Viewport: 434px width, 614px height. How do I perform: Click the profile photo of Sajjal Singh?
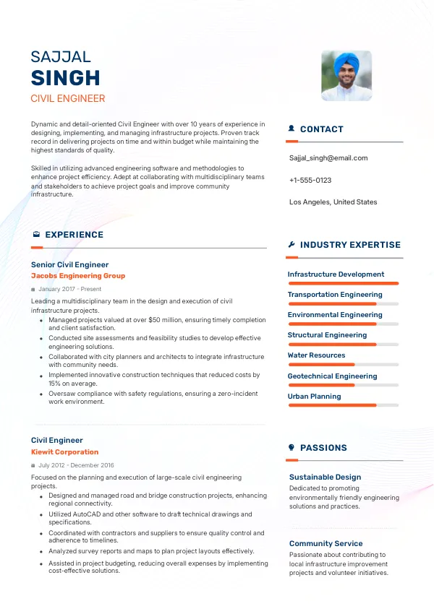pyautogui.click(x=346, y=76)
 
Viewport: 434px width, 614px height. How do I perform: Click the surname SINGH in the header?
pyautogui.click(x=66, y=78)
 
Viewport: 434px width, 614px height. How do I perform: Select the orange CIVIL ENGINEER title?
pyautogui.click(x=68, y=99)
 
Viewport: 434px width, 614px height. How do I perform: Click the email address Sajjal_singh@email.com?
pyautogui.click(x=328, y=158)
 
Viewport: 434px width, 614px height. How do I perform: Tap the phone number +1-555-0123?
pyautogui.click(x=310, y=180)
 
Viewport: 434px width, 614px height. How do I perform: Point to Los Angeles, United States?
pyautogui.click(x=333, y=202)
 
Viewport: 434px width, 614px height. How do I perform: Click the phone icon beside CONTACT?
pyautogui.click(x=292, y=129)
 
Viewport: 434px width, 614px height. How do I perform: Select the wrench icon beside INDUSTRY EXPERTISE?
pyautogui.click(x=292, y=245)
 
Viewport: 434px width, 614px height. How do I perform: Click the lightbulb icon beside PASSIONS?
pyautogui.click(x=292, y=448)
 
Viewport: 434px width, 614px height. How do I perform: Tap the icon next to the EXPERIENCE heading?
pyautogui.click(x=36, y=235)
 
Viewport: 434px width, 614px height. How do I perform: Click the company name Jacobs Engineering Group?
pyautogui.click(x=78, y=276)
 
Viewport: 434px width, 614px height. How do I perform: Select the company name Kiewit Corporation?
pyautogui.click(x=65, y=452)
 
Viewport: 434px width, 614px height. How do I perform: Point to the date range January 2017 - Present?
pyautogui.click(x=70, y=289)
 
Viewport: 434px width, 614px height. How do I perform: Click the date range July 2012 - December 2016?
pyautogui.click(x=76, y=465)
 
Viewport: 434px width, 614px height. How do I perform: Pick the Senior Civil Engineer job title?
pyautogui.click(x=69, y=265)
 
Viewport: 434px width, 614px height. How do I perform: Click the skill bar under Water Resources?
pyautogui.click(x=344, y=365)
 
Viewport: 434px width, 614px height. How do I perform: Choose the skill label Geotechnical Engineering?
pyautogui.click(x=332, y=376)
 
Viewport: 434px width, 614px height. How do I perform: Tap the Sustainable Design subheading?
pyautogui.click(x=325, y=477)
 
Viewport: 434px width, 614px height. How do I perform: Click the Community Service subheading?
pyautogui.click(x=325, y=544)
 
